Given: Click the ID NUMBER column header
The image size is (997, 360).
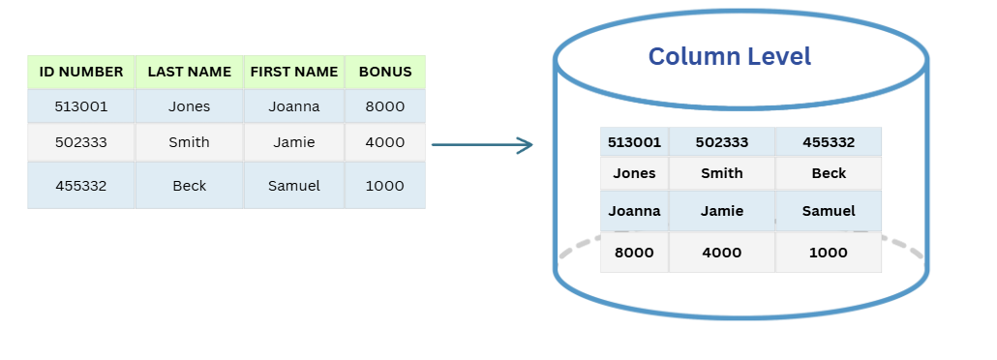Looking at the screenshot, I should click(81, 72).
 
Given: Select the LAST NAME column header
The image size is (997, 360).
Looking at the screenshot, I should click(189, 72).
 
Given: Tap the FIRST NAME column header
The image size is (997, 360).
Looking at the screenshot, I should click(294, 72).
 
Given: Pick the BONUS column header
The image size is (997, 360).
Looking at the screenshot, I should click(385, 72).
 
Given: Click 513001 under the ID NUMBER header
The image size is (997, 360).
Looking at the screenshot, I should click(81, 106).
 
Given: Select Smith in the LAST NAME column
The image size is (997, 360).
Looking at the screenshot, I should click(189, 142).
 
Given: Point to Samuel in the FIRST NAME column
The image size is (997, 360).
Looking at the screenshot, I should click(294, 186).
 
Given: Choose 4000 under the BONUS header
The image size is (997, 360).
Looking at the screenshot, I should click(385, 142).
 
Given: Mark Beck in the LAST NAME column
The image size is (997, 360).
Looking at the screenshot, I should click(189, 186).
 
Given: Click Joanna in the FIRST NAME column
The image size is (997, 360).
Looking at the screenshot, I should click(294, 106).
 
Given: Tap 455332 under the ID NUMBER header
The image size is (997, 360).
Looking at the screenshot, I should click(81, 186).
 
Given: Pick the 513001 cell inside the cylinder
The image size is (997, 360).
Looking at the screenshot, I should click(634, 142).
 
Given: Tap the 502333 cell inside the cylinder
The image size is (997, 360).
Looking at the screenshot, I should click(721, 142).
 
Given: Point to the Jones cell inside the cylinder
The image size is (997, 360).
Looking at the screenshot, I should click(634, 173).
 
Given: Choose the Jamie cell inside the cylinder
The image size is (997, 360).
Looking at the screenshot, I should click(721, 211).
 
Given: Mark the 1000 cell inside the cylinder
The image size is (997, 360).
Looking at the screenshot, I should click(828, 253).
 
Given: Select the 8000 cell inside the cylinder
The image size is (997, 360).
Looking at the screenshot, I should click(634, 253).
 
